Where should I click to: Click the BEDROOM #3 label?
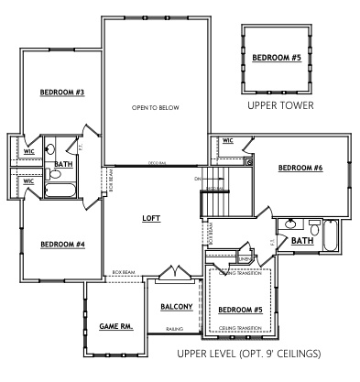[62, 93]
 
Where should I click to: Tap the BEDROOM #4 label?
[62, 244]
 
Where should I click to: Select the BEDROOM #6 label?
[300, 168]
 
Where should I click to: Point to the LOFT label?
[151, 219]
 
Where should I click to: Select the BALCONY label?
[177, 307]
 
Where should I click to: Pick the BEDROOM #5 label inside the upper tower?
[276, 58]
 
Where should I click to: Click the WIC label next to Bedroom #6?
[227, 141]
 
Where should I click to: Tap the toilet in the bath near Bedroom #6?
[314, 225]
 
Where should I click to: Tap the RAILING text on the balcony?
[176, 328]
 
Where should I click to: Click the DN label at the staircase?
[197, 178]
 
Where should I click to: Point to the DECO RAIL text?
[158, 164]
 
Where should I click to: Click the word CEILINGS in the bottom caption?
[297, 353]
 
